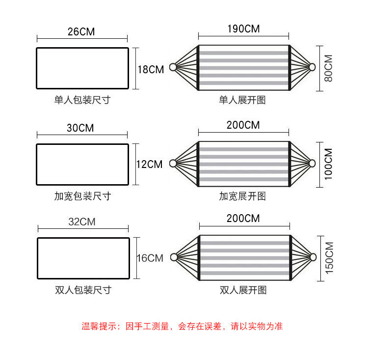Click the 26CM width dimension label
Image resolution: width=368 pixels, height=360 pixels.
[81, 32]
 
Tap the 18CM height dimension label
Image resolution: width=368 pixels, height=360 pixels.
[151, 70]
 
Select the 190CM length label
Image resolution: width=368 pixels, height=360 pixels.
[243, 28]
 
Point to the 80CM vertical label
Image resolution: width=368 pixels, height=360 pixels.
[328, 68]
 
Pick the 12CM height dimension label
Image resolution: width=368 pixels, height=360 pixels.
[149, 165]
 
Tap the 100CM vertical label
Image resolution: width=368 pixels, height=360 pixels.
[328, 164]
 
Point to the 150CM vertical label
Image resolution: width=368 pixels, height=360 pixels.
[329, 258]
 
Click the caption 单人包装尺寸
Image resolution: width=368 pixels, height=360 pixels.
[82, 100]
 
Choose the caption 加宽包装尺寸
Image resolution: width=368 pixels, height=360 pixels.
[82, 196]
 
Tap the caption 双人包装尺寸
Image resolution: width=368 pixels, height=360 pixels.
[83, 290]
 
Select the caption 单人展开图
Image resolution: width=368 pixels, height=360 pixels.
[242, 100]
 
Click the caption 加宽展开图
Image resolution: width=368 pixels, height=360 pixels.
[242, 196]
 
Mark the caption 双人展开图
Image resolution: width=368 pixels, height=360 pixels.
[243, 290]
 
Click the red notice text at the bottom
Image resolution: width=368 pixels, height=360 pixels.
[182, 326]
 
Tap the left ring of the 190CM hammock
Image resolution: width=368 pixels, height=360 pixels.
[173, 67]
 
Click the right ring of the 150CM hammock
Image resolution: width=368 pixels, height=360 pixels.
[313, 257]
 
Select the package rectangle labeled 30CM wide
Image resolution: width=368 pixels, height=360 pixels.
[82, 164]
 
